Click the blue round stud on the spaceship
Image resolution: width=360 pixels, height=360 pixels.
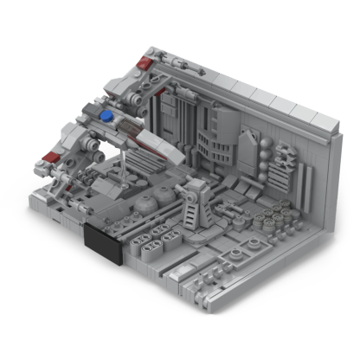point(106,114)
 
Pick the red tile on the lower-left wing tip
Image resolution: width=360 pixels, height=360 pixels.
point(50,157)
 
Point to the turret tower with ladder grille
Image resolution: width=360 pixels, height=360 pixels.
point(192,201)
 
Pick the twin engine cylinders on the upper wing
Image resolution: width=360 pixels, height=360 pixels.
point(177,65)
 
